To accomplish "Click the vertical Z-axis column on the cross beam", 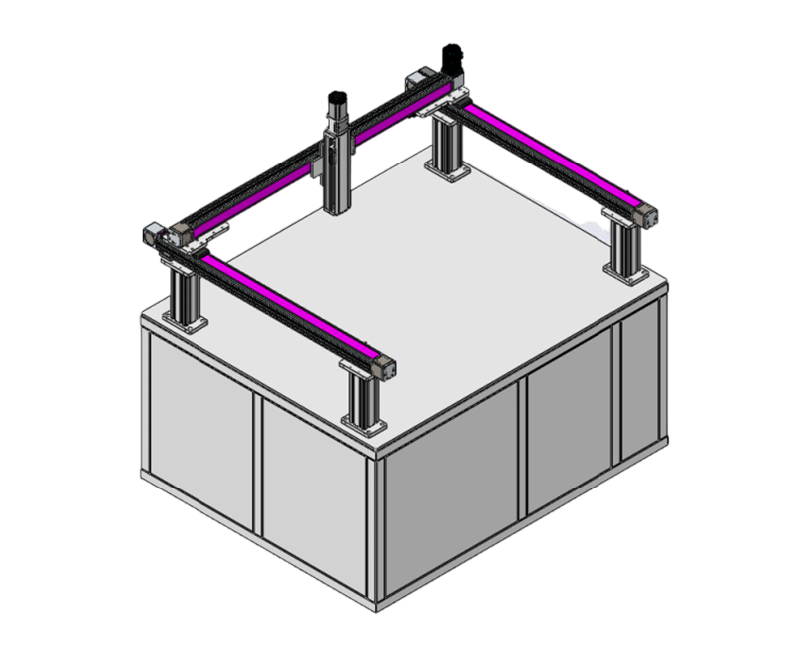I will [x=337, y=164].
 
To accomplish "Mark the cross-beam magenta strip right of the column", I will [x=384, y=125].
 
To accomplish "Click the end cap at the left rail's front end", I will [x=384, y=366].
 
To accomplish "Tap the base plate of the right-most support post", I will [x=625, y=271].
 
